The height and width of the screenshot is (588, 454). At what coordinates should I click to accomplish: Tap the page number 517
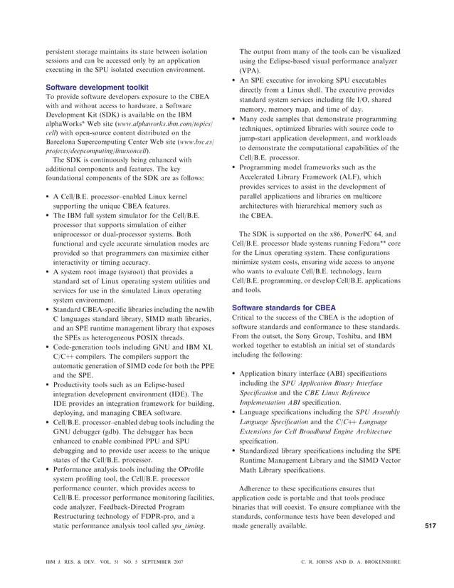429,525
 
